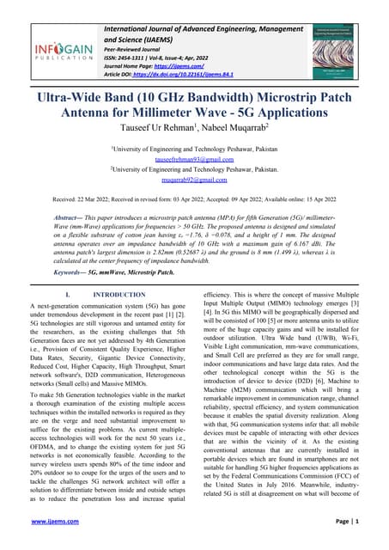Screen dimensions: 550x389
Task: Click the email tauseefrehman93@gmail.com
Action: click(x=194, y=172)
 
